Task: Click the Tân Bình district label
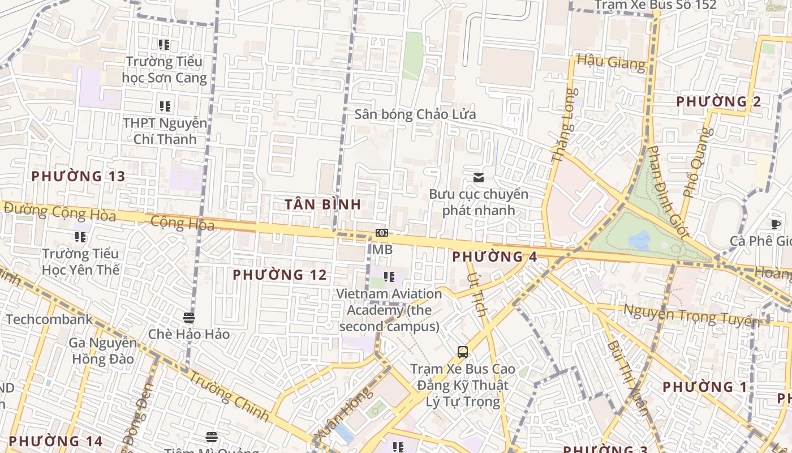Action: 322,204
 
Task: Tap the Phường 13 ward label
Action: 78,176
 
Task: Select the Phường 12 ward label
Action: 279,275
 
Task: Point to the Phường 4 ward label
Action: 494,257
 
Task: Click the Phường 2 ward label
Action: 718,102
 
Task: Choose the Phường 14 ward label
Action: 55,441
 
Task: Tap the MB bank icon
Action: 382,233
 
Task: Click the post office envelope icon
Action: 479,178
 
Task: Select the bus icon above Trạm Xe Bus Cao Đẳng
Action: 463,352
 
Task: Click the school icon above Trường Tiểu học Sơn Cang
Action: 165,44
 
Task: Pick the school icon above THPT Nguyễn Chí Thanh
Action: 165,106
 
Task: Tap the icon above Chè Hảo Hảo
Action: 189,318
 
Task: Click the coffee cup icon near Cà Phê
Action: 775,225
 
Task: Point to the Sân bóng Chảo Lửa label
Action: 415,114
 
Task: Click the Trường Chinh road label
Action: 228,396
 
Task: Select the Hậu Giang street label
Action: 611,62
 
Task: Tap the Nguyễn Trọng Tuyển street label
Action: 691,316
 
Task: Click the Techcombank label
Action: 49,319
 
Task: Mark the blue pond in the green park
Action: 639,240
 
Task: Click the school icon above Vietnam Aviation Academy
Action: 389,277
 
